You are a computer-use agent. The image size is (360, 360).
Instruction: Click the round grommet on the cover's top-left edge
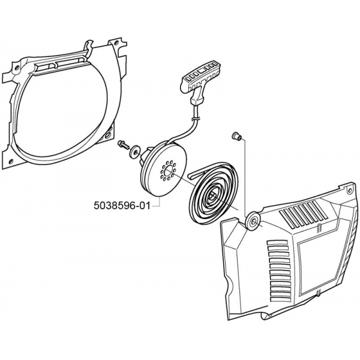pos(254,222)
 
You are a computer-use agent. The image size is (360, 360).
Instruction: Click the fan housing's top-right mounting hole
pos(112,44)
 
